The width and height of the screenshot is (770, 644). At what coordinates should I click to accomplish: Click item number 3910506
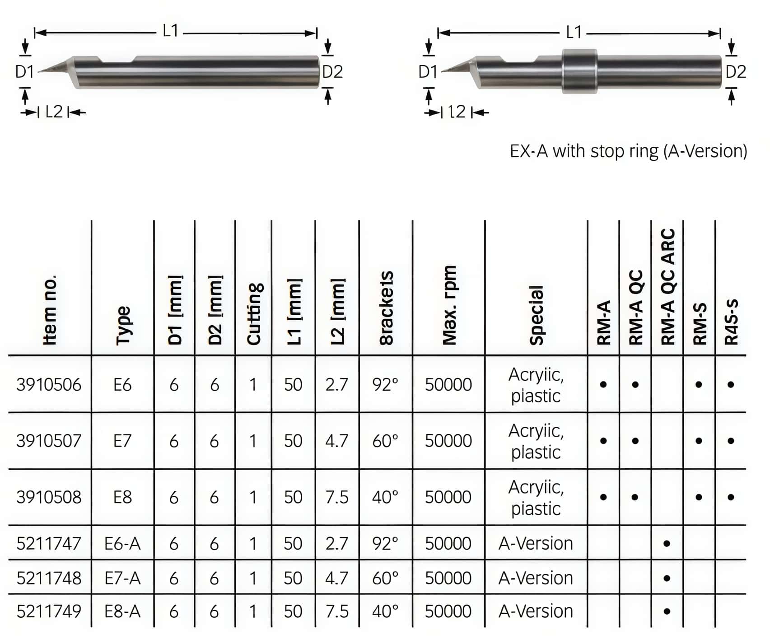click(x=49, y=385)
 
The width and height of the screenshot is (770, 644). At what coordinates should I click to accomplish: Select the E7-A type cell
click(x=122, y=578)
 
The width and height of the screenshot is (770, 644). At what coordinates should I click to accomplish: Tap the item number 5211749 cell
click(x=49, y=611)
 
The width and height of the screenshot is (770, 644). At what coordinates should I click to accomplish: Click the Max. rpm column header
click(x=449, y=305)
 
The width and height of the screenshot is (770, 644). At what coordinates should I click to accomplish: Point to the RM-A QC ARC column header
click(x=667, y=287)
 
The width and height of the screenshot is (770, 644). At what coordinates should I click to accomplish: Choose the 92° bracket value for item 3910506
click(x=385, y=385)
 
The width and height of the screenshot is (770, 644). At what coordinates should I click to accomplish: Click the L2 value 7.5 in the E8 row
click(x=337, y=497)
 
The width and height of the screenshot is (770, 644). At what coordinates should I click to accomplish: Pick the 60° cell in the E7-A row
click(x=385, y=578)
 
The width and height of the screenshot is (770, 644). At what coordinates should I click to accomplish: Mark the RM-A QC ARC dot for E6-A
click(x=667, y=544)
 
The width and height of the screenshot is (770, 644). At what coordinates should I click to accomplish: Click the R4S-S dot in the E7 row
click(x=731, y=441)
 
